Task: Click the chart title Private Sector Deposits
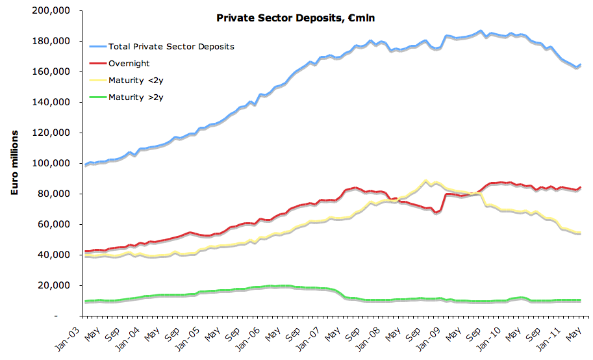(x=296, y=18)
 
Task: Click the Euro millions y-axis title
(x=14, y=162)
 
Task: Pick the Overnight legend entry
(x=129, y=64)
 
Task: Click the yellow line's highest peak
(x=425, y=181)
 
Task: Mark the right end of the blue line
(x=580, y=65)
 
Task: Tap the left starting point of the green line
(x=86, y=302)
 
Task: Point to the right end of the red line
(x=580, y=188)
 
